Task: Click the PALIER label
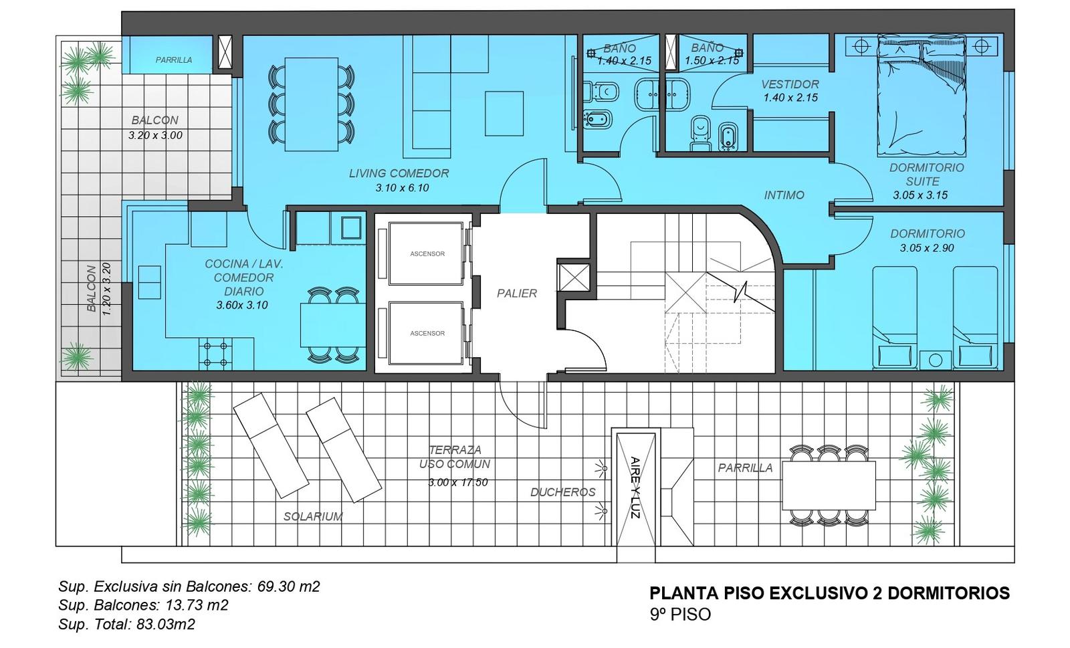click(x=517, y=293)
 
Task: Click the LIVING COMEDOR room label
click(x=399, y=173)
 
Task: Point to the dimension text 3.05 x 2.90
click(x=927, y=248)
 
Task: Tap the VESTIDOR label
click(x=790, y=84)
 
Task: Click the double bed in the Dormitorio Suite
click(x=922, y=96)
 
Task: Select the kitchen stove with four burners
click(x=215, y=354)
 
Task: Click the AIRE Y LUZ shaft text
click(x=635, y=488)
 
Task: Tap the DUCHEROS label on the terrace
click(x=563, y=492)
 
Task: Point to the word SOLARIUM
click(x=313, y=516)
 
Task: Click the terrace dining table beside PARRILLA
click(x=829, y=485)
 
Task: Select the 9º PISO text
click(x=680, y=615)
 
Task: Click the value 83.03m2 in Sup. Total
click(x=166, y=624)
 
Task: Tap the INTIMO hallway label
click(x=784, y=195)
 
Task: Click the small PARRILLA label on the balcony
click(x=174, y=60)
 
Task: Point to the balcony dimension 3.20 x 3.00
click(x=155, y=135)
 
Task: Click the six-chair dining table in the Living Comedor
click(x=312, y=104)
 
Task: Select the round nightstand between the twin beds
click(x=936, y=360)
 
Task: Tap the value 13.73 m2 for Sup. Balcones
click(x=197, y=605)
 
